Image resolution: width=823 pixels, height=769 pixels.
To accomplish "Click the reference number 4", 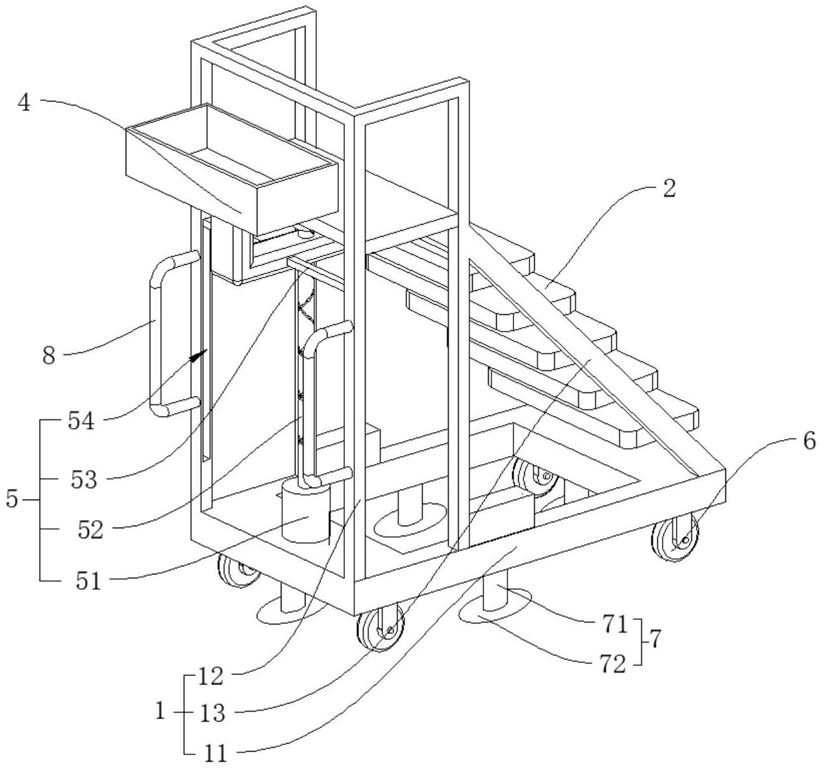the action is click(x=25, y=103).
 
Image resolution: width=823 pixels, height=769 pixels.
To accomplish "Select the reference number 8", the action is click(x=49, y=356).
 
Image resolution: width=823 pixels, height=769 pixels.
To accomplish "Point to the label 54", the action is click(x=80, y=421).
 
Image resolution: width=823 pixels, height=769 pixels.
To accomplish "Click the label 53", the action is click(x=84, y=479).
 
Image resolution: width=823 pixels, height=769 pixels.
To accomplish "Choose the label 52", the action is click(x=91, y=530).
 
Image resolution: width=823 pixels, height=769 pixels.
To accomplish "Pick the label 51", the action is click(x=88, y=581).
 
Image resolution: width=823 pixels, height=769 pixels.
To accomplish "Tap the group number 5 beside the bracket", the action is click(x=11, y=500).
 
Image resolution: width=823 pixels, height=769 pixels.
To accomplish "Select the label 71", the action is click(x=615, y=625).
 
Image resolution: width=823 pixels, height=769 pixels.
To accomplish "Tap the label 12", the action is click(x=211, y=676).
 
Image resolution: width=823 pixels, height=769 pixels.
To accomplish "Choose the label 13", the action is click(x=212, y=713).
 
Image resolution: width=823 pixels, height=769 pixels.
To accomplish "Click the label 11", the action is click(x=215, y=752).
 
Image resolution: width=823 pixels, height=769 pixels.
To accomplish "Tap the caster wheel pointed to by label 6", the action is click(x=675, y=537).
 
